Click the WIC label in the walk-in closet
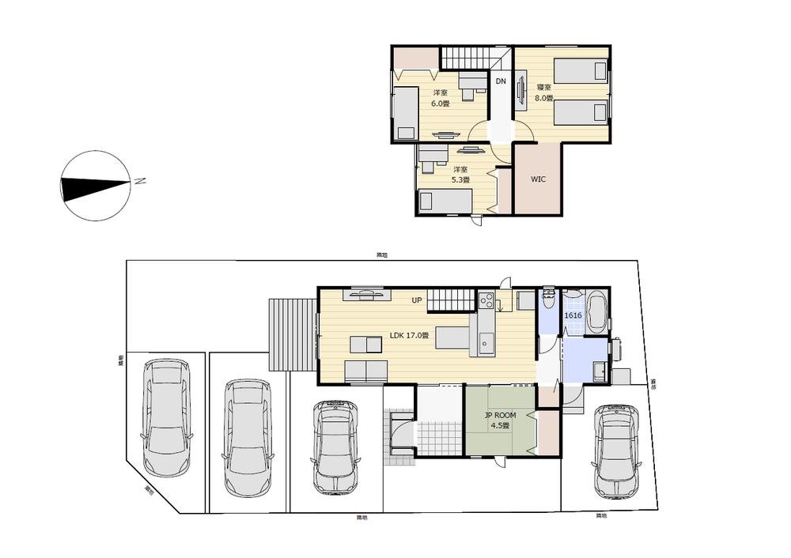[538, 179]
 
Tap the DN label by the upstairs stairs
[501, 81]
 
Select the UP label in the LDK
[416, 300]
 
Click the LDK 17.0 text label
[409, 335]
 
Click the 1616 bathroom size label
[573, 315]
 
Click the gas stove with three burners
[486, 301]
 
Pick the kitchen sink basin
[486, 343]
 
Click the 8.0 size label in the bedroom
[543, 99]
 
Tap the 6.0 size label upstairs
[441, 104]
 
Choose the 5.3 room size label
[460, 180]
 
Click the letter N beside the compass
[139, 181]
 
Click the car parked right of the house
[615, 451]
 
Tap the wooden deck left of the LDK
[293, 334]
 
